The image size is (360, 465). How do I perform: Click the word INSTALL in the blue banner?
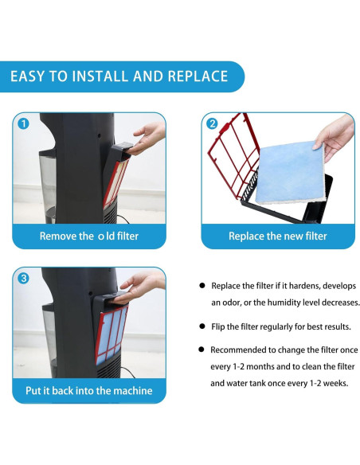click(100, 76)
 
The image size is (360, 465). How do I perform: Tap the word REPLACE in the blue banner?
click(198, 76)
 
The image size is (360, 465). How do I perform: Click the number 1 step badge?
click(23, 123)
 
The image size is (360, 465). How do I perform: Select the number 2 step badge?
click(212, 123)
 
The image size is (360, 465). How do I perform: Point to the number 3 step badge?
click(23, 278)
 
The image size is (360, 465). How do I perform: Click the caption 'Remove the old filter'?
click(89, 236)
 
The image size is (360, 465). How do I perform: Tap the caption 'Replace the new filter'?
click(277, 236)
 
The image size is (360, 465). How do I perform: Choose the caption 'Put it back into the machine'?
click(89, 391)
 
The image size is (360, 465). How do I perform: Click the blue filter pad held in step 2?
click(290, 173)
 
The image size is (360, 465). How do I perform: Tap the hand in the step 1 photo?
click(149, 137)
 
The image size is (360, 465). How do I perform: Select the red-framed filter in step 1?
click(116, 183)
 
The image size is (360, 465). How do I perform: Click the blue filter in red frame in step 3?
click(112, 335)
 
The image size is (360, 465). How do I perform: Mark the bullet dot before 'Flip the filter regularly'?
click(202, 326)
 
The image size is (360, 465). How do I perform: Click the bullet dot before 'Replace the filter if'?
click(202, 286)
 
